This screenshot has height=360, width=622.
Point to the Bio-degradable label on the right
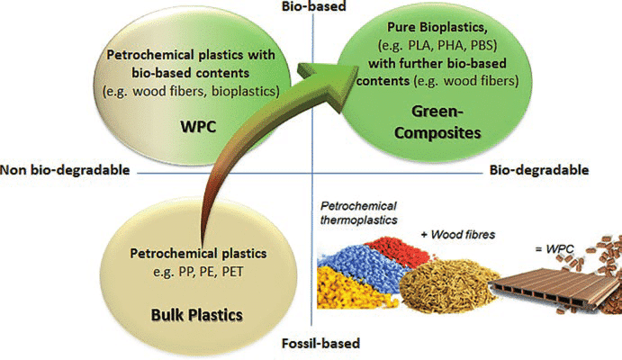click(x=538, y=169)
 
